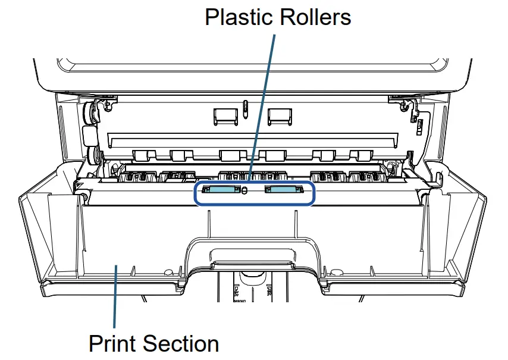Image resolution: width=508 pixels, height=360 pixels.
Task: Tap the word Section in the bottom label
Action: coord(182,344)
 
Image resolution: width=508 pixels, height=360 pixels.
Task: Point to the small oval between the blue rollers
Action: coord(244,190)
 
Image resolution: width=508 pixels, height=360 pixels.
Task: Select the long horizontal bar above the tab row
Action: coord(253,141)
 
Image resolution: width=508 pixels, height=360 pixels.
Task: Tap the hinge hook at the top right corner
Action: coord(407,107)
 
